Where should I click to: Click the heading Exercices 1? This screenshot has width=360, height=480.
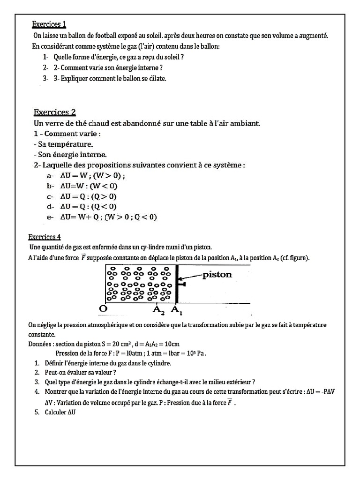click(52, 24)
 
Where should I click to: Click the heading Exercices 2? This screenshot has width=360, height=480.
click(54, 112)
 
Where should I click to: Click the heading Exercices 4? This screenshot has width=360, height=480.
click(44, 237)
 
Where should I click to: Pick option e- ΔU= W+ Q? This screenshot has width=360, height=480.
click(108, 217)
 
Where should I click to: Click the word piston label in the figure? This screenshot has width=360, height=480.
click(217, 275)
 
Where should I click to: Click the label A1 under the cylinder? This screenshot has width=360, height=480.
click(176, 309)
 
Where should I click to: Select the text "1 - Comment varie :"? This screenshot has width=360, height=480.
click(67, 134)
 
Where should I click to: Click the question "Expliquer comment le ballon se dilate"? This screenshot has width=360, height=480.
click(110, 78)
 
